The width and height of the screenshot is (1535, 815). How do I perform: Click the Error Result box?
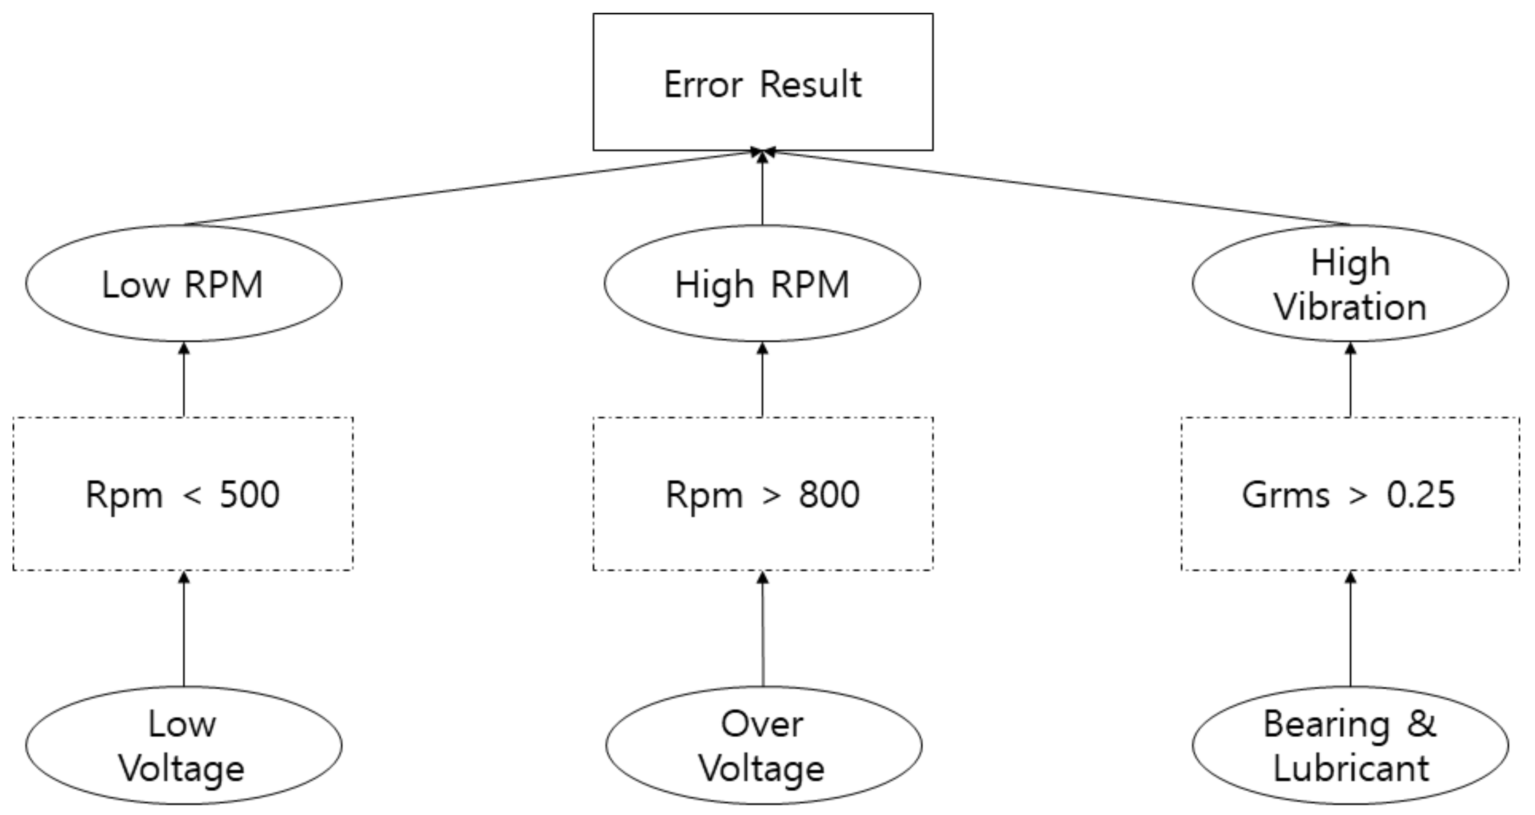click(x=763, y=82)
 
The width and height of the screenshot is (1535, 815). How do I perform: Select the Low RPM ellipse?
click(x=183, y=284)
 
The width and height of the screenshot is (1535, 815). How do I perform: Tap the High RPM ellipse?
click(x=762, y=284)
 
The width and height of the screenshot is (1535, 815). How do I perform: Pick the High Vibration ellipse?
click(x=1350, y=284)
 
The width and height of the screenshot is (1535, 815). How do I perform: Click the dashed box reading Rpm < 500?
click(x=183, y=494)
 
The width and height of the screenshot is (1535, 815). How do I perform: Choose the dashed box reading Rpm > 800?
click(x=763, y=494)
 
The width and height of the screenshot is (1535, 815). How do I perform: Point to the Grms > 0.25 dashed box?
click(x=1350, y=494)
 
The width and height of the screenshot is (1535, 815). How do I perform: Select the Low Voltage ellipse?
click(x=183, y=745)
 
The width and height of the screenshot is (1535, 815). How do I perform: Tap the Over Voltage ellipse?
click(x=763, y=745)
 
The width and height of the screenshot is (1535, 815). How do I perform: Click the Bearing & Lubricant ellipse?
click(x=1350, y=745)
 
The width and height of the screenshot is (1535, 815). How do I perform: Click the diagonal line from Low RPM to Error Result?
click(x=471, y=189)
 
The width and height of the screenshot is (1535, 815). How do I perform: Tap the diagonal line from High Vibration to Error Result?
click(x=1061, y=189)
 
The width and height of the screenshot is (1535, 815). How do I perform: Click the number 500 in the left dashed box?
click(x=249, y=494)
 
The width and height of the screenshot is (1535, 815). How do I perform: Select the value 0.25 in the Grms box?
click(x=1421, y=494)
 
